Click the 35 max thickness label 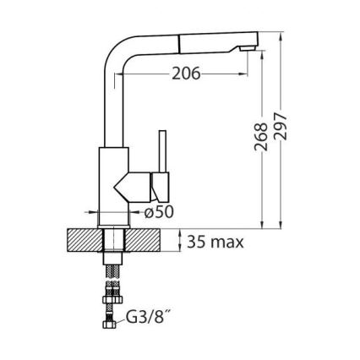(215, 243)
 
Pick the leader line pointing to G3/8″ (122, 320)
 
